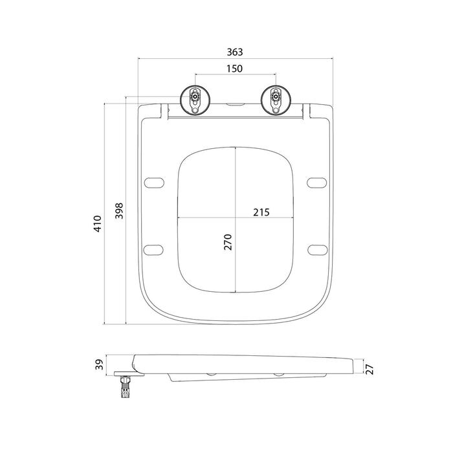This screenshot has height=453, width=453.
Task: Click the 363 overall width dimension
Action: (235, 52)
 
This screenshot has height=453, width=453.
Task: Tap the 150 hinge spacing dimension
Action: (234, 69)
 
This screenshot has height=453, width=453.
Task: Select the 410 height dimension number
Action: (98, 224)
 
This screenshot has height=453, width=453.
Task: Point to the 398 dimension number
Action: (119, 211)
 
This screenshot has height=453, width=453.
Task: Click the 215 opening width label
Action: (261, 212)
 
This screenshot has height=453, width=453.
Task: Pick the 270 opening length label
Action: (228, 242)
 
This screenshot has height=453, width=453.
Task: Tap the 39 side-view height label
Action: (99, 364)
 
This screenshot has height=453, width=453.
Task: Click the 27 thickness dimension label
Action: (370, 370)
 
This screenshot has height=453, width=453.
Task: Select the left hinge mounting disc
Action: (195, 100)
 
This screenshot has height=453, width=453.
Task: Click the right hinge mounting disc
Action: (276, 100)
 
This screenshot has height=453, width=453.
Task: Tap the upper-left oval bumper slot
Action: (154, 183)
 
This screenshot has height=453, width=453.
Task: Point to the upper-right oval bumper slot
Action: (316, 183)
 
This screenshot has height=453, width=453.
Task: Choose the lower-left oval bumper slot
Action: (153, 250)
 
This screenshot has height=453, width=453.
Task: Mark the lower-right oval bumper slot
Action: (318, 250)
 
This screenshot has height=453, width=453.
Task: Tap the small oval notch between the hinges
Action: (235, 104)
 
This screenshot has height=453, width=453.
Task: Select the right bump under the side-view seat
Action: (279, 375)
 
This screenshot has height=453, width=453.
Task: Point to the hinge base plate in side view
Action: (129, 374)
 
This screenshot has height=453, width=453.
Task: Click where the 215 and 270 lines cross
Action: (236, 217)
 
